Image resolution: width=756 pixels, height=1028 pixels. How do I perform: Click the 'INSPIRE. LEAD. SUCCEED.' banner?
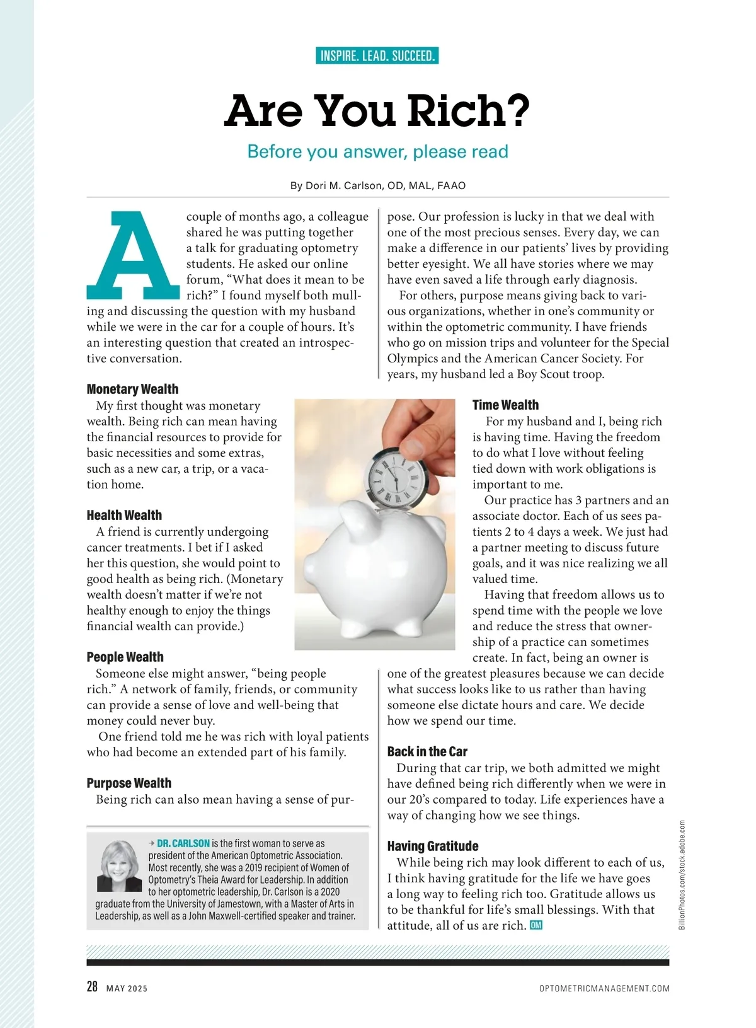[x=377, y=56]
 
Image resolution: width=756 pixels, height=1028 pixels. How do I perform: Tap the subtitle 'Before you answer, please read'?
[x=377, y=152]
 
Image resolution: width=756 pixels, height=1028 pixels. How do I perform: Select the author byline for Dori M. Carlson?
[x=377, y=186]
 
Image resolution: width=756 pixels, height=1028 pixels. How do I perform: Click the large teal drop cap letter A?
[x=134, y=255]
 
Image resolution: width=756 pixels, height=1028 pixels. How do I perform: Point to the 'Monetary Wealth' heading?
[x=132, y=389]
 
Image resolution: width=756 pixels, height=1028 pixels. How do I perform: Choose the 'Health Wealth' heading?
[x=124, y=515]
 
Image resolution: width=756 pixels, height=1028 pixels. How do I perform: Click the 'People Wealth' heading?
[x=125, y=657]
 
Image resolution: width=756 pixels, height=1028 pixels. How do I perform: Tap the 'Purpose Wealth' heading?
[x=129, y=783]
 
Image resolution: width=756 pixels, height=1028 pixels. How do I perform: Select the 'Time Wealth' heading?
[x=505, y=405]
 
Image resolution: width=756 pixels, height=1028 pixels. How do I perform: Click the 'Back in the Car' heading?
[x=427, y=751]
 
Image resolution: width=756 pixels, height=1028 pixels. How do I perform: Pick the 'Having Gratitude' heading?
[x=432, y=846]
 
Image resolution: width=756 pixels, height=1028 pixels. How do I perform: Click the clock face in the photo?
[x=392, y=477]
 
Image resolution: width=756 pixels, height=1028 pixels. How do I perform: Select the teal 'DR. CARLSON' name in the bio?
[x=183, y=843]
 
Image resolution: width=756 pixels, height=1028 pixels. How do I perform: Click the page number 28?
[x=92, y=987]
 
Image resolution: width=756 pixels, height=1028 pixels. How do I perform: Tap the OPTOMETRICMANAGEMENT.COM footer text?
[x=604, y=988]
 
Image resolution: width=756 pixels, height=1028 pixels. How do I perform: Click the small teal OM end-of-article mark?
[x=536, y=925]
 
